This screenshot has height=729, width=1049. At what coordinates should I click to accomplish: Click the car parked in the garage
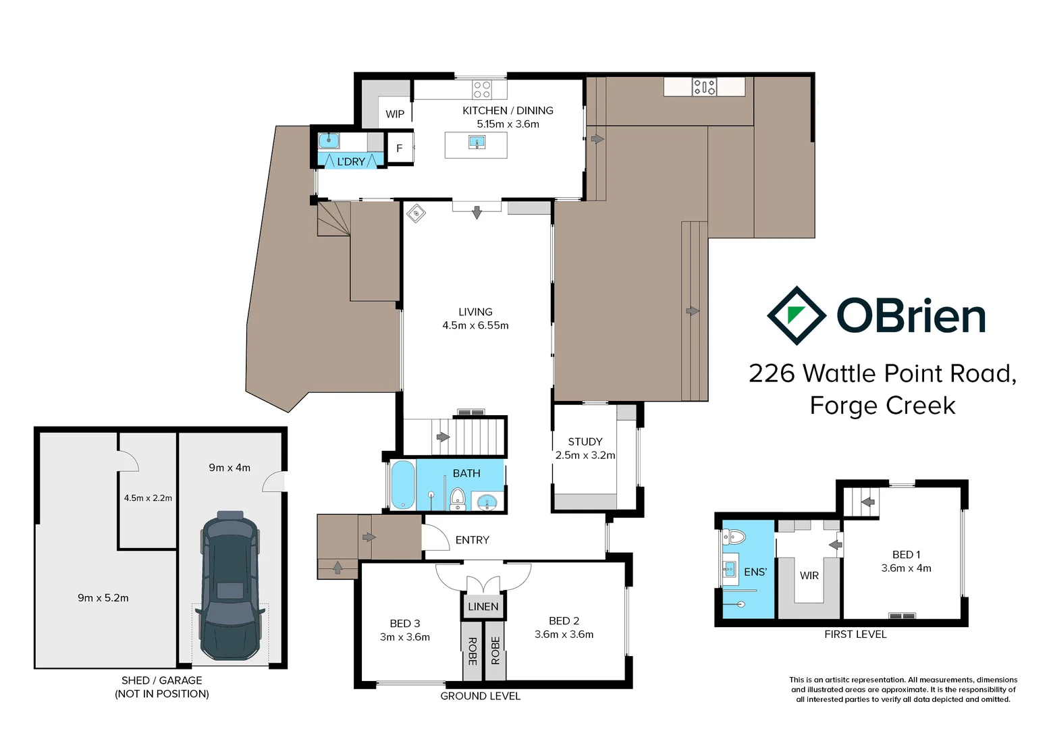[x=230, y=586]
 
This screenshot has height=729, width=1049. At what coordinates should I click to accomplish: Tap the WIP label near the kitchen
[x=395, y=114]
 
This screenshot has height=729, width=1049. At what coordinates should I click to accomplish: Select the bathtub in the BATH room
[x=403, y=484]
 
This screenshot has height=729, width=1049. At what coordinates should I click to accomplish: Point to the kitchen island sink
[x=477, y=142]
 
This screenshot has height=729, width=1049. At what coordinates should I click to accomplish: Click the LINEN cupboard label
[x=483, y=606]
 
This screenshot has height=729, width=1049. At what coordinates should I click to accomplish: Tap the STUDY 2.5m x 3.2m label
[x=585, y=448]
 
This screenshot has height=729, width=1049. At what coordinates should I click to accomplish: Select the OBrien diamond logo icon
[x=797, y=316]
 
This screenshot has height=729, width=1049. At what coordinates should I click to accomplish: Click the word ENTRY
[x=472, y=540]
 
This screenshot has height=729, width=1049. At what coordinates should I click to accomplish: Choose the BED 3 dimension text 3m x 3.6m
[x=404, y=637]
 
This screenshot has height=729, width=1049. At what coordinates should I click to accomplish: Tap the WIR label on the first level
[x=809, y=575]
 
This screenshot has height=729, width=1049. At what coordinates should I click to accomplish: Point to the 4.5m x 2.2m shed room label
[x=148, y=498]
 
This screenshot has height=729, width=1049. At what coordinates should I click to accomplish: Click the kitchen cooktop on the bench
[x=482, y=90]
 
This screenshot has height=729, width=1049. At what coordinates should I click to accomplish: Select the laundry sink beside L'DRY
[x=329, y=140]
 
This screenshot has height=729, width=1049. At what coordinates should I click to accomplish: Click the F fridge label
[x=399, y=148]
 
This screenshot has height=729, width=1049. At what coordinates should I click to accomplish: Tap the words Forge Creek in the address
[x=882, y=406]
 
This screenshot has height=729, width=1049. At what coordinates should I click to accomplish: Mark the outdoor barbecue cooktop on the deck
[x=704, y=86]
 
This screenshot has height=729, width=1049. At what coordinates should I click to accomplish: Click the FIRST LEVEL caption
[x=855, y=634]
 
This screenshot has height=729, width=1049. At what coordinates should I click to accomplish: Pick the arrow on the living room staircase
[x=443, y=437]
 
